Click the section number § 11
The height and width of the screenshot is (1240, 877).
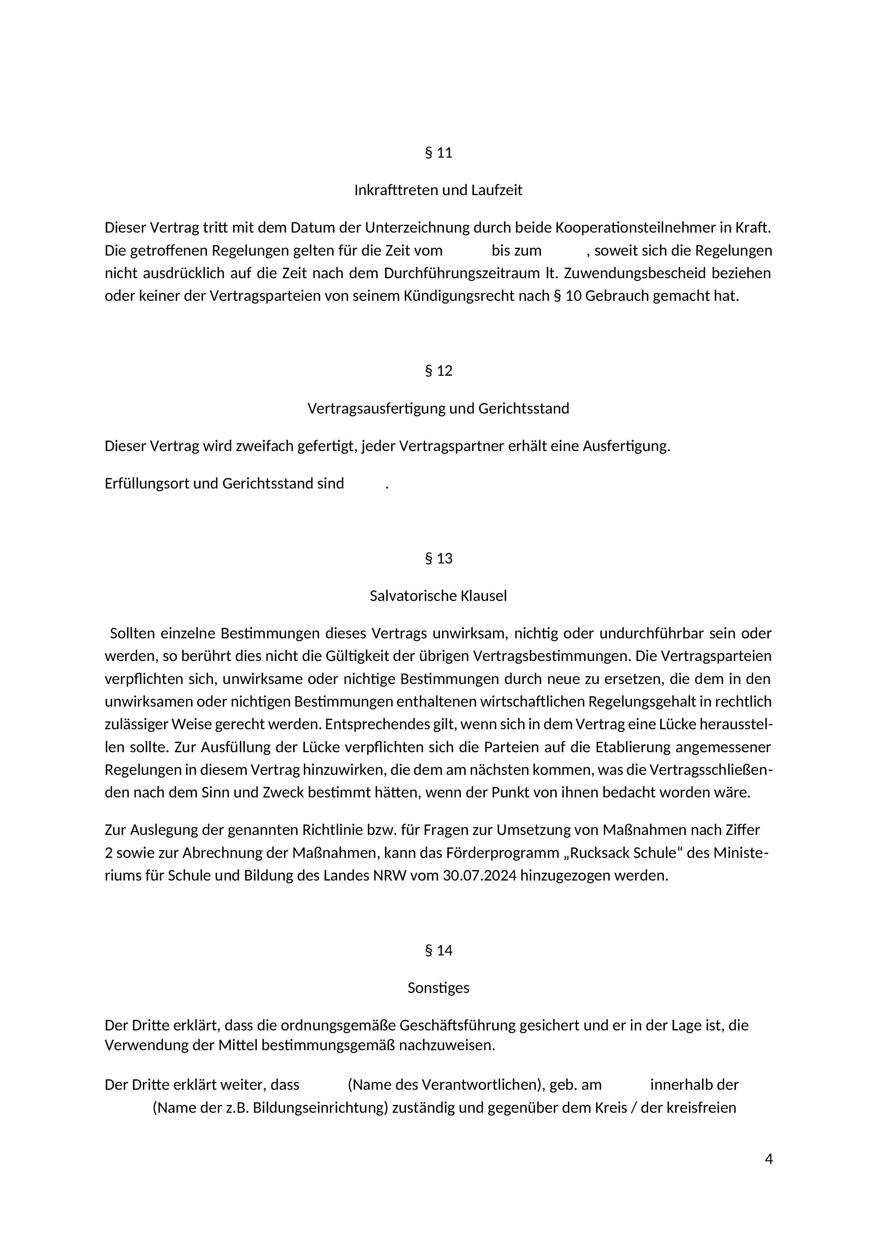coord(438,153)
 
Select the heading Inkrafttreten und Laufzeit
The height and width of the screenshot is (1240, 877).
coord(438,190)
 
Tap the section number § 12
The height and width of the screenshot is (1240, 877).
coord(438,371)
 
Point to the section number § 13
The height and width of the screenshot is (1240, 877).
coord(438,558)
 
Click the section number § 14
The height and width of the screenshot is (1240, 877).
coord(438,950)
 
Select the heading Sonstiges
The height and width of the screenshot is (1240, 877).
coord(438,988)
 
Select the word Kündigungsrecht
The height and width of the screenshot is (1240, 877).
coord(458,296)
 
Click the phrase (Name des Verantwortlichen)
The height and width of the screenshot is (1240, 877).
coord(445,1084)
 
